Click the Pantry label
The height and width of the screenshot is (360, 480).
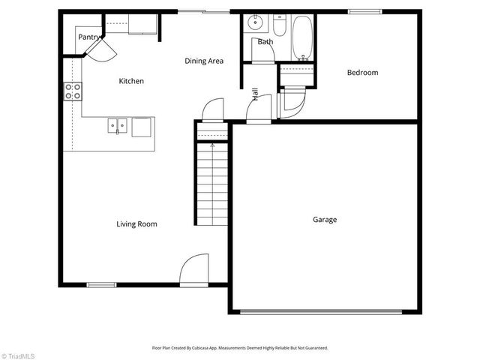[x=89, y=36]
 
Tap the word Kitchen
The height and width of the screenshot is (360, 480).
[x=131, y=81]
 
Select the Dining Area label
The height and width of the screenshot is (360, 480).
[x=204, y=61]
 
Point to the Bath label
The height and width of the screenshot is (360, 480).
[x=265, y=42]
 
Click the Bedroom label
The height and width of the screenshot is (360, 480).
[x=362, y=73]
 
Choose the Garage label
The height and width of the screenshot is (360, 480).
[x=325, y=220]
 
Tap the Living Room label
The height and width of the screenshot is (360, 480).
[x=136, y=223]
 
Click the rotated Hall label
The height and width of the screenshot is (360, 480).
[x=256, y=94]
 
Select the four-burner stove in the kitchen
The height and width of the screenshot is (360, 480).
[x=73, y=91]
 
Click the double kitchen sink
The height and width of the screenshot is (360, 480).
[x=119, y=127]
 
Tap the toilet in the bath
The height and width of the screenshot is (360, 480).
[x=278, y=27]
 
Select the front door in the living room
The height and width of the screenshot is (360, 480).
[x=195, y=270]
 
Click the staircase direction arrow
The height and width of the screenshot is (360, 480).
[x=212, y=146]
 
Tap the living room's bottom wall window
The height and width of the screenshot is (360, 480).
[x=101, y=284]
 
